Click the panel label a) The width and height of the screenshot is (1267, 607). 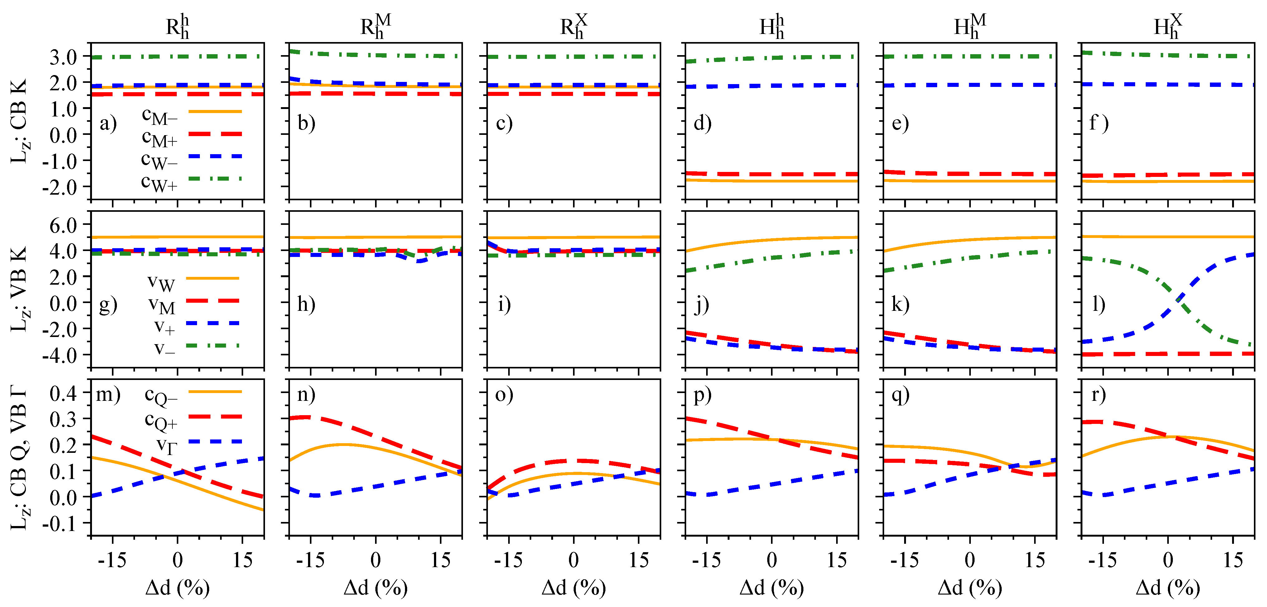point(108,123)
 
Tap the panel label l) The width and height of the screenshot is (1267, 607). point(1099,304)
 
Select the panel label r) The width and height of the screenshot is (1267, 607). point(1098,394)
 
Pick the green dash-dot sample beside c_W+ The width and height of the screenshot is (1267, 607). point(215,179)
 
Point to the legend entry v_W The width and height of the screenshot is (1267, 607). point(161,282)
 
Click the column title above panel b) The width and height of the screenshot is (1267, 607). point(375,26)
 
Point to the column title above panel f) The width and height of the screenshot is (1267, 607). point(1167,26)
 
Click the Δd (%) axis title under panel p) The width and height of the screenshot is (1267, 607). point(772,587)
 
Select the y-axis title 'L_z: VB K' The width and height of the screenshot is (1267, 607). point(20,289)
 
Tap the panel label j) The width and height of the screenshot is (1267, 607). point(701,304)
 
